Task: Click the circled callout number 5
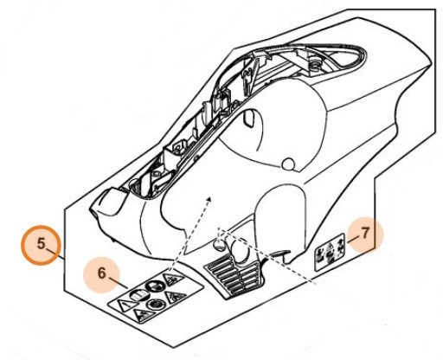click(41, 244)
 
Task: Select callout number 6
click(101, 273)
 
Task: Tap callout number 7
click(365, 233)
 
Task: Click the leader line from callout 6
click(118, 283)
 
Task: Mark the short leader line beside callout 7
click(353, 239)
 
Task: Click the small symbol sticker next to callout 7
click(330, 252)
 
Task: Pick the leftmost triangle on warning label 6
click(125, 305)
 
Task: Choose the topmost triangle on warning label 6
click(173, 279)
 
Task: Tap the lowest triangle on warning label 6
click(143, 314)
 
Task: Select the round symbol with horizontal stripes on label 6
click(138, 295)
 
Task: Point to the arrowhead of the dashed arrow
click(209, 199)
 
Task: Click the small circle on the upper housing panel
click(287, 164)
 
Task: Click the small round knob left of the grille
click(219, 244)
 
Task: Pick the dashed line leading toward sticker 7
click(266, 254)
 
